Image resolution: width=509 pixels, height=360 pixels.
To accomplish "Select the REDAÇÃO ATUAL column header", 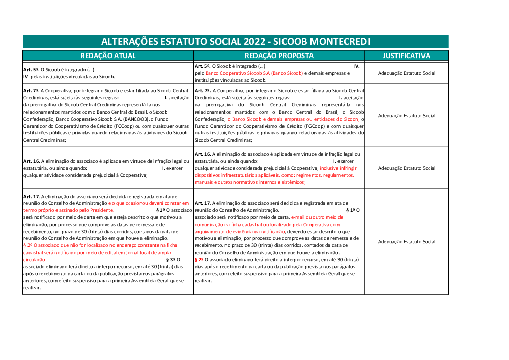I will click(x=108, y=56).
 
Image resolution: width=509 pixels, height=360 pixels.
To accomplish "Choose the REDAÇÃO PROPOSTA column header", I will click(x=279, y=56).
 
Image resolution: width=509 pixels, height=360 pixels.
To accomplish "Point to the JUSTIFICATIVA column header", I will click(x=406, y=56).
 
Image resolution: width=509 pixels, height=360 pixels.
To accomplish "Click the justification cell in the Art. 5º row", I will click(x=406, y=73).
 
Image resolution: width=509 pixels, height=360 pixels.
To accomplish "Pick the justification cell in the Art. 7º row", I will click(x=406, y=116).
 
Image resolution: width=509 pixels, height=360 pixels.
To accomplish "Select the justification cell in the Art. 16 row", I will click(x=406, y=168).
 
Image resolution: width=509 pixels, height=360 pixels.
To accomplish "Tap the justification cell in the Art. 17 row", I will click(x=406, y=242).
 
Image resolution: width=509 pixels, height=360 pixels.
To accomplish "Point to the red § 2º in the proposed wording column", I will click(x=199, y=259).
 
